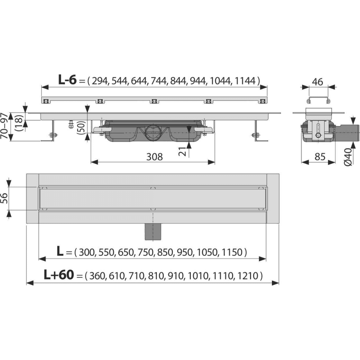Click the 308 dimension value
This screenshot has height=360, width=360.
[154, 157]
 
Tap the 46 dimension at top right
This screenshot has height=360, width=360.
[318, 82]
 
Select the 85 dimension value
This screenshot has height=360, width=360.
[320, 157]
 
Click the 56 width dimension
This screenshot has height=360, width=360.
[5, 198]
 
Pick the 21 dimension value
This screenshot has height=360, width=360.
[183, 151]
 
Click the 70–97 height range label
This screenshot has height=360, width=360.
[4, 126]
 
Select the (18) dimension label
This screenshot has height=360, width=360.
[19, 123]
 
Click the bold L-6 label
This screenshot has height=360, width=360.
[67, 80]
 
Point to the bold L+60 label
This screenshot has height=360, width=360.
[59, 275]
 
